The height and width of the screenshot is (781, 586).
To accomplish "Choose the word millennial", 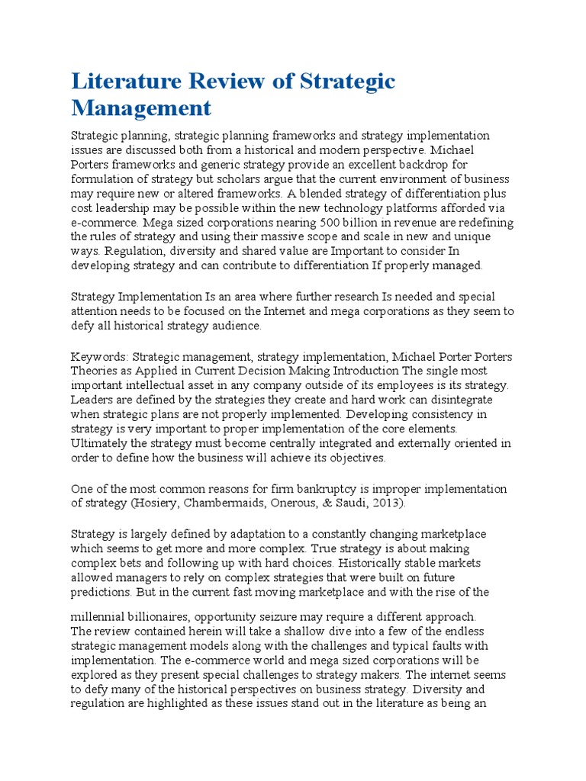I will pyautogui.click(x=101, y=615).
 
